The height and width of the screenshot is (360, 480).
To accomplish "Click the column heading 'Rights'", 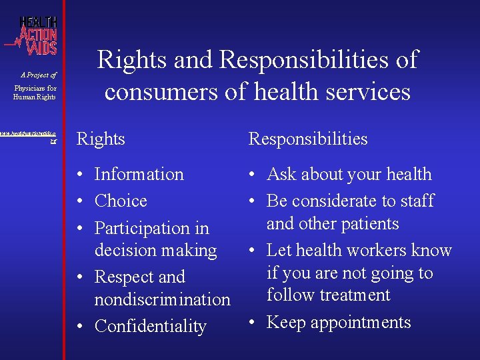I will click(101, 139).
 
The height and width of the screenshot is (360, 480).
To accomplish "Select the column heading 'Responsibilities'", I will click(307, 139).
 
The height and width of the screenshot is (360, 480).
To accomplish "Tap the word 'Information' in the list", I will click(139, 175).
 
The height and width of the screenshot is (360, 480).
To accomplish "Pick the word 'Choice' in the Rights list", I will click(121, 201).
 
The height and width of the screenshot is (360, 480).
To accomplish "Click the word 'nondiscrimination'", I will click(162, 299).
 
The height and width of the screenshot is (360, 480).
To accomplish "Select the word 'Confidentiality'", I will click(150, 326).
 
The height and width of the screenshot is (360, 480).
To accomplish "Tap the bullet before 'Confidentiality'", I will click(80, 326).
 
